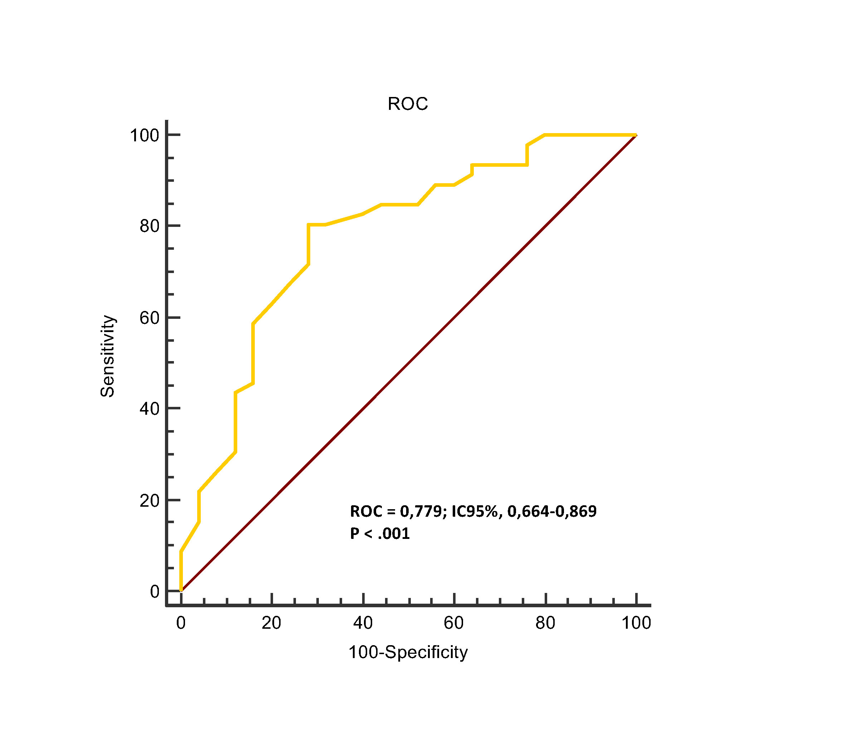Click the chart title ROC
coord(407,104)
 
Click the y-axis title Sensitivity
coord(107,356)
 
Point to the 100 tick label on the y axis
coord(144,136)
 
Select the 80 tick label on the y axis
coord(149,226)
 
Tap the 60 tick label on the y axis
coord(149,318)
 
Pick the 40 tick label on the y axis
coord(149,409)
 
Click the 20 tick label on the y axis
coord(149,500)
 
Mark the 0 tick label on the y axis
coord(155,592)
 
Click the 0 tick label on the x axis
coord(181,623)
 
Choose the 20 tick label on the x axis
coord(271,623)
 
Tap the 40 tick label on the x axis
coord(363,623)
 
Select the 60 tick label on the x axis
coord(454,623)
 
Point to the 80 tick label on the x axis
coord(545,623)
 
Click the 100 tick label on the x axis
coord(636,623)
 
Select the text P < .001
coord(380,534)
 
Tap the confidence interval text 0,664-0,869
coord(552,511)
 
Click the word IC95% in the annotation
coord(477,511)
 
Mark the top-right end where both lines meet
coord(636,135)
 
